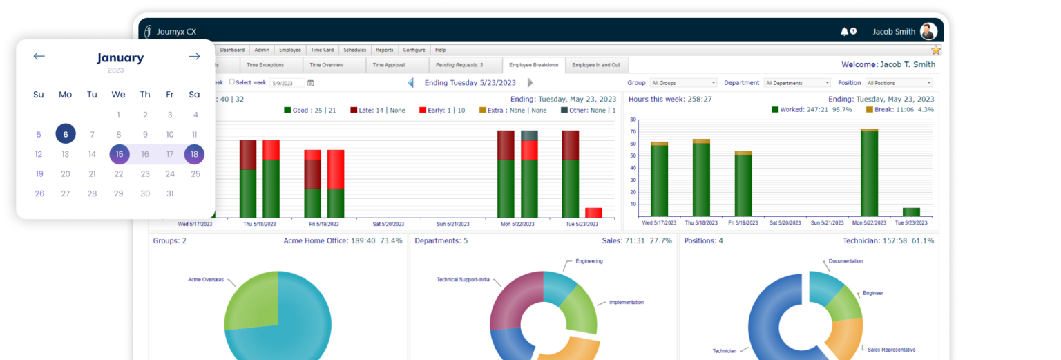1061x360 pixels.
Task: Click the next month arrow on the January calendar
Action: [x=194, y=57]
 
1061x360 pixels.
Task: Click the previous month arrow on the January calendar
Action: [x=39, y=57]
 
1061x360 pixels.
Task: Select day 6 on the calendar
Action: [x=66, y=135]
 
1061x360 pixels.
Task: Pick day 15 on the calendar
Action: [x=119, y=154]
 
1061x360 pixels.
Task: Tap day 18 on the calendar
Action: [x=194, y=154]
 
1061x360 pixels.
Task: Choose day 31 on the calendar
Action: [x=170, y=193]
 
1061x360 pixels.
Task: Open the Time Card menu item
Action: [x=322, y=50]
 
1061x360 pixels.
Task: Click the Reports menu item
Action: [x=385, y=50]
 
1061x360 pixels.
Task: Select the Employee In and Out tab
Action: [x=595, y=65]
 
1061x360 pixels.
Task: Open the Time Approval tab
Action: [x=388, y=65]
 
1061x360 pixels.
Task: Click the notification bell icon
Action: [x=844, y=32]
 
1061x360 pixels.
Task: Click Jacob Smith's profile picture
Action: [x=928, y=32]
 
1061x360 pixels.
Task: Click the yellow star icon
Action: [x=936, y=50]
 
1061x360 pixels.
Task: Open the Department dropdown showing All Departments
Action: [x=797, y=83]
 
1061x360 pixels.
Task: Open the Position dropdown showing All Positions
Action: [x=899, y=83]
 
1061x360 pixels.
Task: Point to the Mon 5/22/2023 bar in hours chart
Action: [x=869, y=173]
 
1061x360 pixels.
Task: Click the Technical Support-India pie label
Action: [x=463, y=280]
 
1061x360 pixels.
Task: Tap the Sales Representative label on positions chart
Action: [x=891, y=350]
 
